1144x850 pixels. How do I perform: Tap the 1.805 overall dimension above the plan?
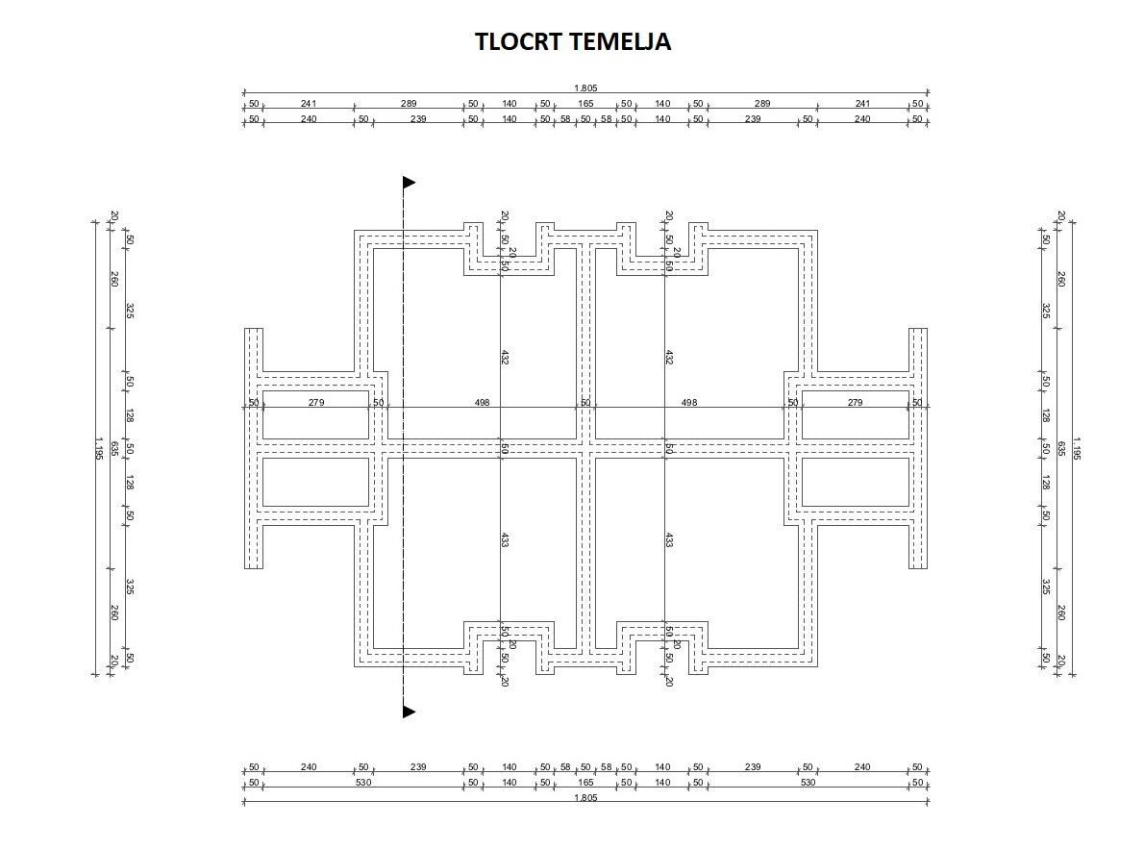585,87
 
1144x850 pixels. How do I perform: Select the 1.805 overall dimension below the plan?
585,798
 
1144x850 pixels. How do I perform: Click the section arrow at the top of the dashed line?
409,182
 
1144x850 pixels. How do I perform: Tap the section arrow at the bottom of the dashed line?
409,712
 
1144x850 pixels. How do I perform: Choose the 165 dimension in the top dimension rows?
585,103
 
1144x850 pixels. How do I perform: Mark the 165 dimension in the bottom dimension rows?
585,783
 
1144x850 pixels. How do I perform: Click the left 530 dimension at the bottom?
363,783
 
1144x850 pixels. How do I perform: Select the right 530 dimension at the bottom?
808,783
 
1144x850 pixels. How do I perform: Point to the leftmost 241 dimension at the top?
309,103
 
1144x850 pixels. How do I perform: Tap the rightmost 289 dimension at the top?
762,103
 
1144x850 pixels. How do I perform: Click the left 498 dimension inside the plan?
483,402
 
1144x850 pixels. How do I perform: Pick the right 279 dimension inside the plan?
855,402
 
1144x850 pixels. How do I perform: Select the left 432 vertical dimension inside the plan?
505,357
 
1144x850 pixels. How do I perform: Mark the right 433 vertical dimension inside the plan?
668,540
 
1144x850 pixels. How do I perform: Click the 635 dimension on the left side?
114,448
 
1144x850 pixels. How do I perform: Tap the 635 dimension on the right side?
1060,448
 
